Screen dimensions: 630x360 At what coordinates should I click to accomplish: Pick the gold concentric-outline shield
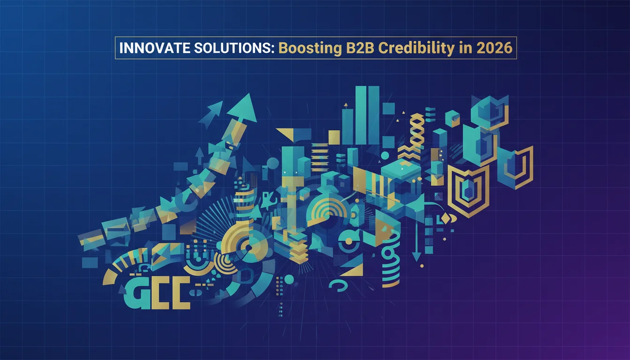point(468,190)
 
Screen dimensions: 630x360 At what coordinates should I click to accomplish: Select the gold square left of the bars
point(334,136)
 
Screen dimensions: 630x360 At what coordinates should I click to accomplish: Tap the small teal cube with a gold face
point(452,119)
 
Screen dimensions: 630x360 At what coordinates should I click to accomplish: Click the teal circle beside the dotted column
point(289,279)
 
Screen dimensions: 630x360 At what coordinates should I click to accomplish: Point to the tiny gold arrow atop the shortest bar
point(345,106)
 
